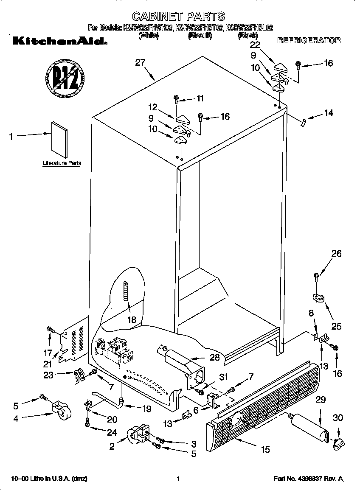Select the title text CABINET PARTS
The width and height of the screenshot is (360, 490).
[x=178, y=17]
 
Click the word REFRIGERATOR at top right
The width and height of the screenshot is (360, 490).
[x=309, y=41]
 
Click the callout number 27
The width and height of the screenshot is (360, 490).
[x=140, y=63]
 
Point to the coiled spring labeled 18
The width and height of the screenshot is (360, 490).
[x=126, y=291]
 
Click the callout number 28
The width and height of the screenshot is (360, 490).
[x=215, y=357]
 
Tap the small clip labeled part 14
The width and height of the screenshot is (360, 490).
[x=302, y=122]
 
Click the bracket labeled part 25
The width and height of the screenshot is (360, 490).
[x=318, y=297]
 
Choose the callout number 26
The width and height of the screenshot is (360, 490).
[x=336, y=254]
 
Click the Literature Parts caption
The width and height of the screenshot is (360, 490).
[x=62, y=163]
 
